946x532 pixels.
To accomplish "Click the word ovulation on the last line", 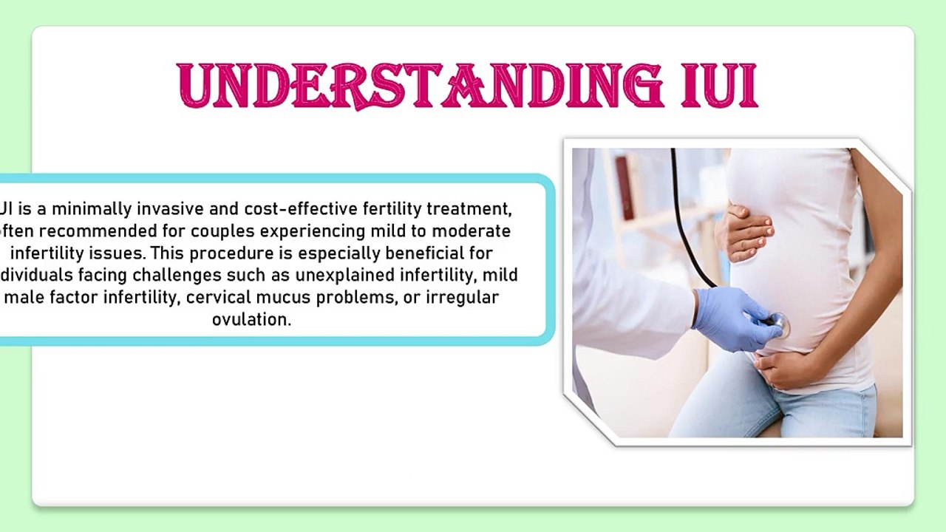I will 251,320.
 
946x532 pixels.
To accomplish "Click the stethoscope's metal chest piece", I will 777,323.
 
